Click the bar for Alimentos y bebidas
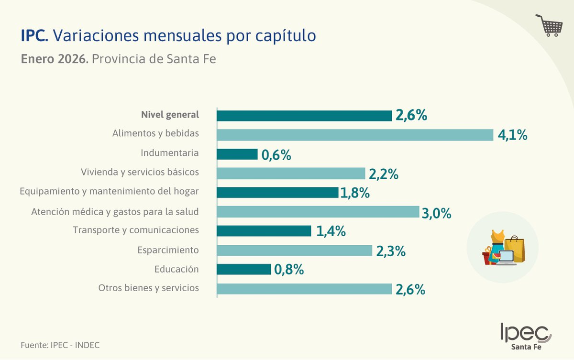click(x=355, y=135)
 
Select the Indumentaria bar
click(x=237, y=154)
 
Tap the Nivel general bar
click(x=305, y=116)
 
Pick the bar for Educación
click(x=244, y=269)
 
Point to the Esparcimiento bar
click(x=295, y=250)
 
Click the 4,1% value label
click(x=512, y=135)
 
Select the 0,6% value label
click(x=276, y=155)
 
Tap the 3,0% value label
click(x=436, y=213)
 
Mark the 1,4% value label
click(x=331, y=231)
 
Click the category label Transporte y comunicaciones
click(x=136, y=230)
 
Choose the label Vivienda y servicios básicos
click(x=140, y=172)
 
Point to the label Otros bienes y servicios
click(x=149, y=288)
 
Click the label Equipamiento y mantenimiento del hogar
click(x=109, y=191)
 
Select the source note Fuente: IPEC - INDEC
click(x=60, y=345)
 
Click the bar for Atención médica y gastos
click(x=318, y=212)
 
